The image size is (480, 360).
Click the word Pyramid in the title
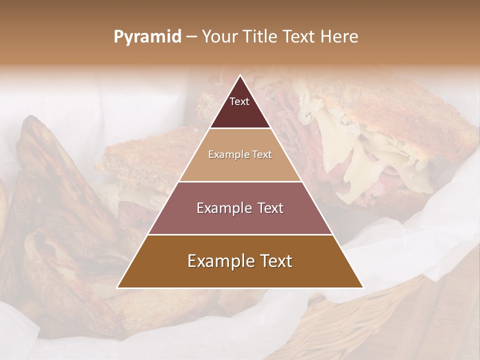147,37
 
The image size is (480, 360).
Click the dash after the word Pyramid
191,37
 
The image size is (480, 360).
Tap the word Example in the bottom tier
220,261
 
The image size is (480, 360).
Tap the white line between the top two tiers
240,128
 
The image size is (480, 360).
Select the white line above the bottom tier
240,234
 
